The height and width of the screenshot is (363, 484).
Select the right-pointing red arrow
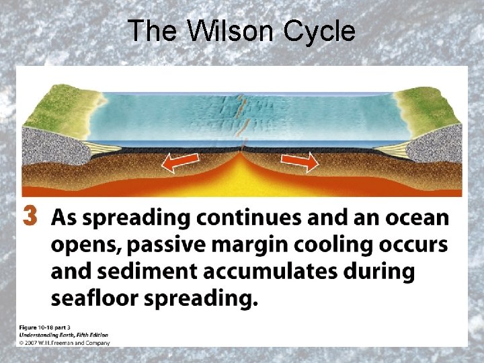pyautogui.click(x=299, y=161)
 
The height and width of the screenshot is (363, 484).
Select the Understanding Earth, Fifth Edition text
pyautogui.click(x=63, y=334)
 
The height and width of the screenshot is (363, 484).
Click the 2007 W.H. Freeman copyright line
pyautogui.click(x=65, y=342)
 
